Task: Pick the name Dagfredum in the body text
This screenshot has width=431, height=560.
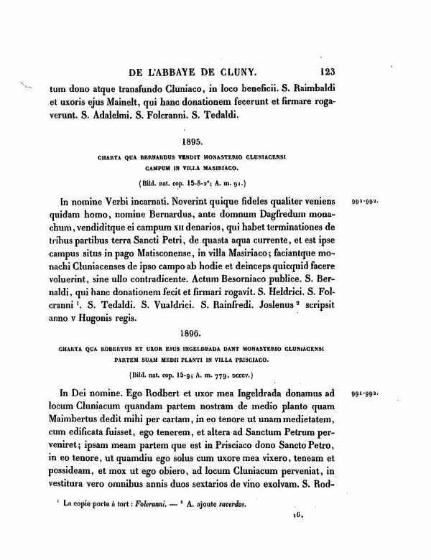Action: point(264,215)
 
